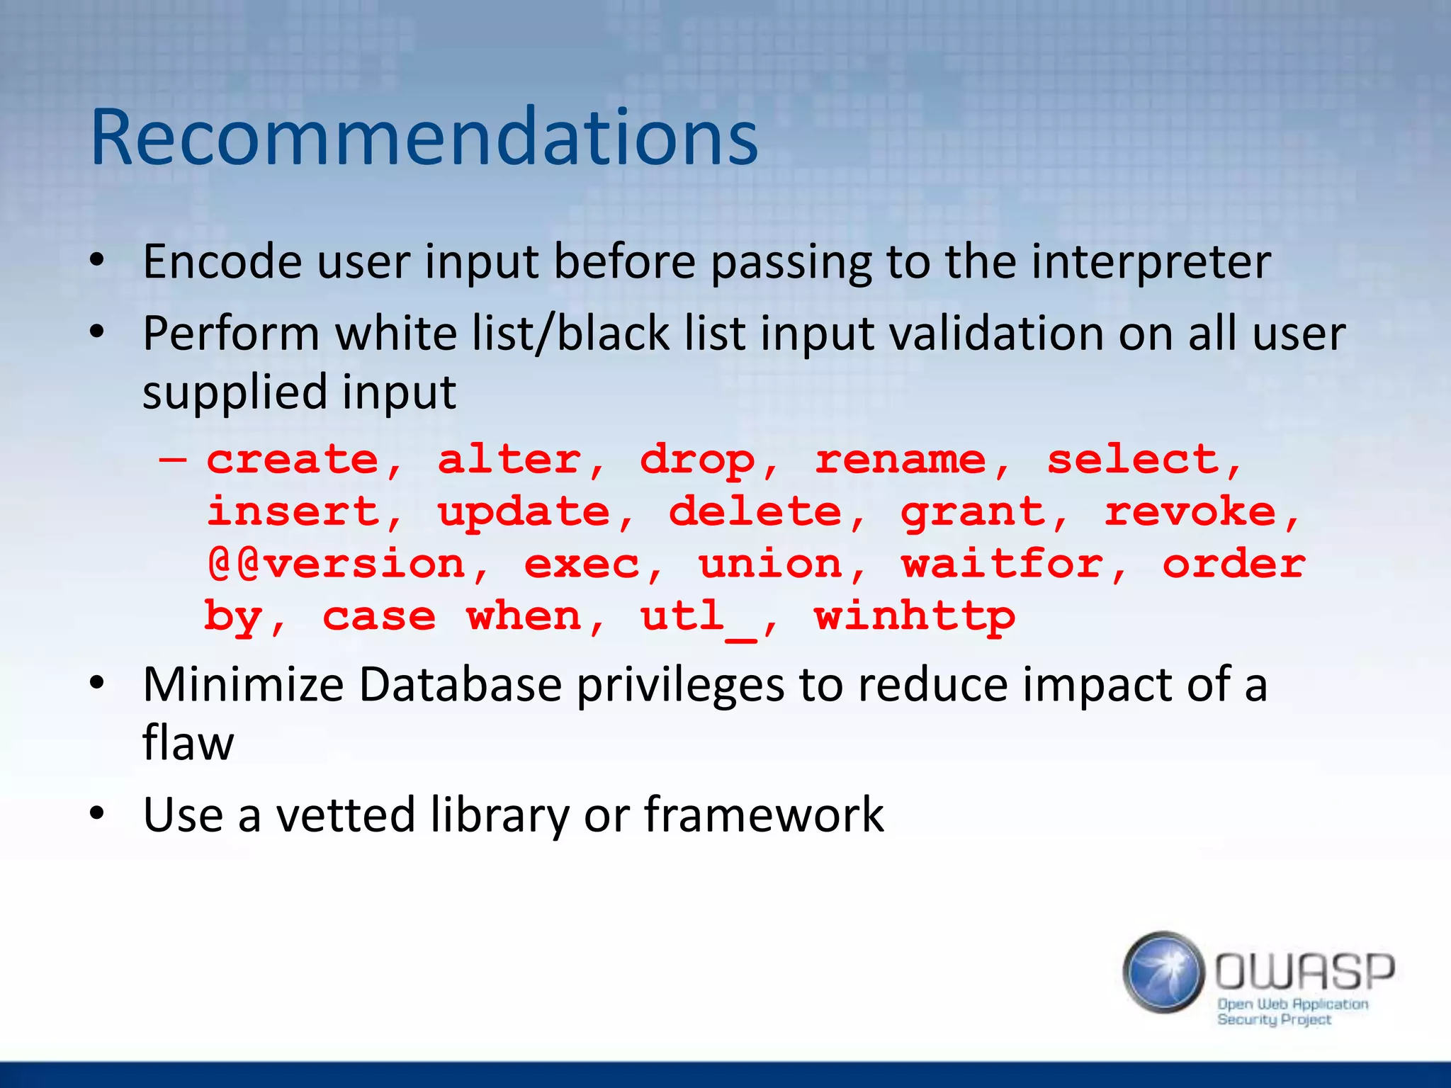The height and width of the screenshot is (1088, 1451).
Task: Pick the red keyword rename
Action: click(x=900, y=460)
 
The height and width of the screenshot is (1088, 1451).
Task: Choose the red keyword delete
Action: click(x=755, y=511)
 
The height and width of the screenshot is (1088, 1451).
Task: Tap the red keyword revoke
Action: click(x=1190, y=511)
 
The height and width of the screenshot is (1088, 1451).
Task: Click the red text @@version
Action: click(x=337, y=565)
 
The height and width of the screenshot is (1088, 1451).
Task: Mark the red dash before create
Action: click(x=173, y=460)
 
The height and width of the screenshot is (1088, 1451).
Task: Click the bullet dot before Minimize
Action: click(x=97, y=684)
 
